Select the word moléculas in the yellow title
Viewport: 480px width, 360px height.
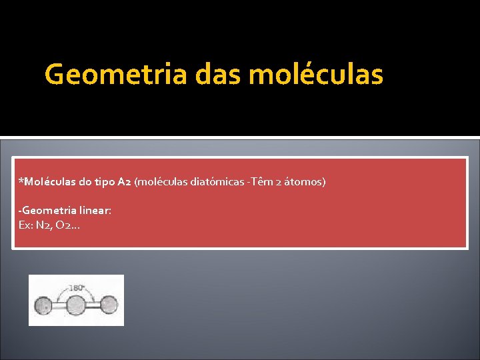point(316,75)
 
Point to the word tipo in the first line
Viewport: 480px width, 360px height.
point(105,181)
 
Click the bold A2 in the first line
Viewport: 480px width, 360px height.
point(124,181)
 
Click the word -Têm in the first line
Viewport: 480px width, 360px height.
point(256,181)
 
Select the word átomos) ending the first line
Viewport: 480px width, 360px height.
point(305,181)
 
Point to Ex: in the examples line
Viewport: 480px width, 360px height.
point(26,225)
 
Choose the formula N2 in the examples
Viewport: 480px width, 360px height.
point(44,225)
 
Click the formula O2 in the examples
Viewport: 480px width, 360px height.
point(67,225)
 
